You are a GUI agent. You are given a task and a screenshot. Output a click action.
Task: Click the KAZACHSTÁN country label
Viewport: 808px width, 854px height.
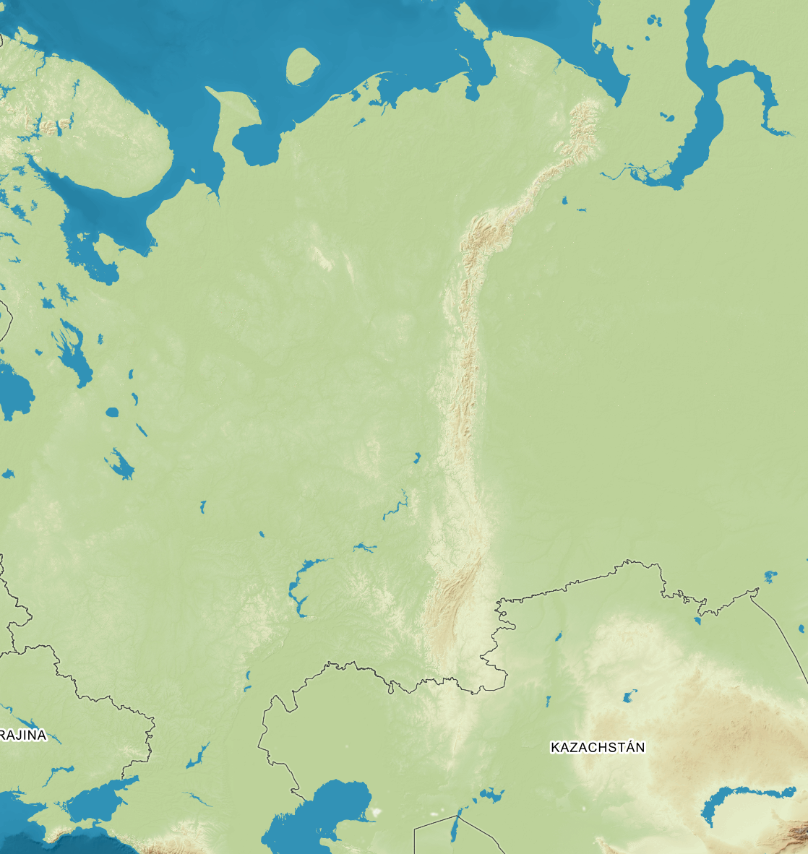pos(597,747)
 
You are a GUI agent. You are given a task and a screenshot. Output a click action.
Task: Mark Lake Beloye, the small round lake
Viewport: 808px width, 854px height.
pos(111,413)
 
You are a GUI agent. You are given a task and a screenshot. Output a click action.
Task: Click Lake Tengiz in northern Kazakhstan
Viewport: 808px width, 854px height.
pos(629,697)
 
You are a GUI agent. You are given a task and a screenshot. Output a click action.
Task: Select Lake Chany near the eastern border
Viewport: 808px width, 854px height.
pos(770,576)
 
